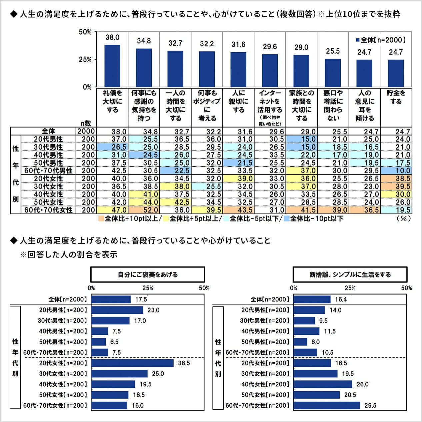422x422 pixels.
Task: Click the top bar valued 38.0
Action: pyautogui.click(x=112, y=66)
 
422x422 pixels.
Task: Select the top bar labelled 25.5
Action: pyautogui.click(x=333, y=73)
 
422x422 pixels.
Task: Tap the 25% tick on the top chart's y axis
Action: pyautogui.click(x=85, y=60)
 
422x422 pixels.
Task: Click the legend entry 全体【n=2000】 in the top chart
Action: pyautogui.click(x=381, y=40)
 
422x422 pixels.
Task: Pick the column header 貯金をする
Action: pyautogui.click(x=396, y=97)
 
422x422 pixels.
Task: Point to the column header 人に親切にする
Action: pyautogui.click(x=239, y=101)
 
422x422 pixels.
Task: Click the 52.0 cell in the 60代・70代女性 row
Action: pyautogui.click(x=144, y=210)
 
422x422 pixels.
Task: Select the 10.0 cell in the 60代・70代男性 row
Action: pyautogui.click(x=396, y=171)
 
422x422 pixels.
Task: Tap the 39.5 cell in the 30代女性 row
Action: pyautogui.click(x=396, y=187)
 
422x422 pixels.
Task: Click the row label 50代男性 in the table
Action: pyautogui.click(x=48, y=163)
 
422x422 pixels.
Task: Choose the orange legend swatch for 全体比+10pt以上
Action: pyautogui.click(x=101, y=218)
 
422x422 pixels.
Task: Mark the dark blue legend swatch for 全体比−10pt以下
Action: pyautogui.click(x=286, y=218)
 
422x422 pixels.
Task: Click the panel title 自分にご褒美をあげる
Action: pyautogui.click(x=148, y=274)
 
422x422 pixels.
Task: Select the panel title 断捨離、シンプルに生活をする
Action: pyautogui.click(x=350, y=274)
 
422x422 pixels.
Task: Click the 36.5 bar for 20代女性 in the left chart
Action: pyautogui.click(x=132, y=363)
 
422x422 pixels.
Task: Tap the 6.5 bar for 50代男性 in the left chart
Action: pyautogui.click(x=99, y=342)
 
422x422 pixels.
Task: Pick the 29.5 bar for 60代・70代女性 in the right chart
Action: pyautogui.click(x=327, y=405)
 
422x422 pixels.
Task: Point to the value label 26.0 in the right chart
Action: pyautogui.click(x=363, y=384)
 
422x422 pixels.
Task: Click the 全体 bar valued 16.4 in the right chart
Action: pyautogui.click(x=312, y=299)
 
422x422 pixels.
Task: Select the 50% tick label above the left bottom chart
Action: pyautogui.click(x=204, y=288)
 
